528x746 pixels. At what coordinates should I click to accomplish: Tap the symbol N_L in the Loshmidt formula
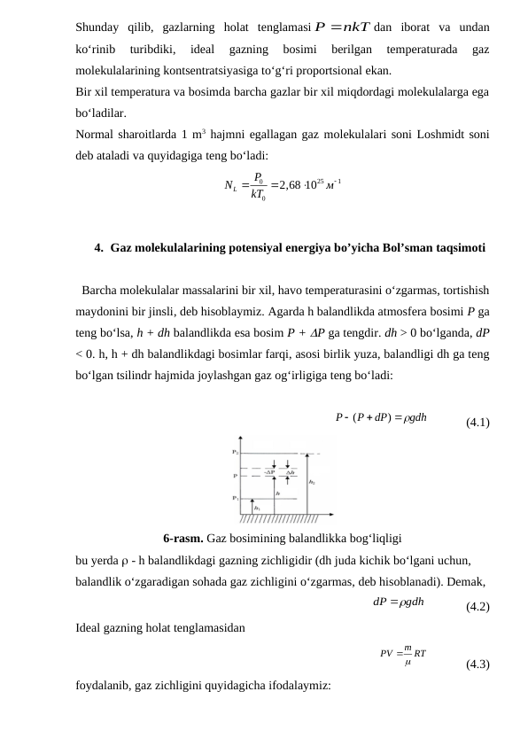tap(234, 185)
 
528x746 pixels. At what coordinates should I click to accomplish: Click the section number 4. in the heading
tap(99, 248)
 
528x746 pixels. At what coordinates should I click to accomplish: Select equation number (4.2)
tap(478, 607)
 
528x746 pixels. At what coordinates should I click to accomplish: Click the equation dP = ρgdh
tap(398, 602)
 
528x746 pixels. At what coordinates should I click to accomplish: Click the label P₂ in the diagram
tap(236, 452)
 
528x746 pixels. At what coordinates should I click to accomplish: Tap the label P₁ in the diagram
tap(236, 498)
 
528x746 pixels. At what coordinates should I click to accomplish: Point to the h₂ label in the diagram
tap(311, 483)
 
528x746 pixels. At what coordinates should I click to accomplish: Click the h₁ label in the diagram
tap(257, 508)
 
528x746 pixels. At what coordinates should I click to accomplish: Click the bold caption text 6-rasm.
tap(183, 538)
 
